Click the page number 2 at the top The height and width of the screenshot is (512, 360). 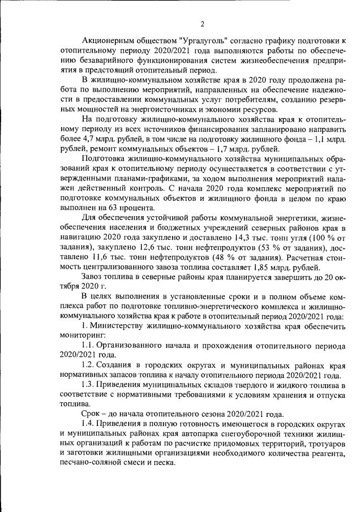[202, 24]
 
